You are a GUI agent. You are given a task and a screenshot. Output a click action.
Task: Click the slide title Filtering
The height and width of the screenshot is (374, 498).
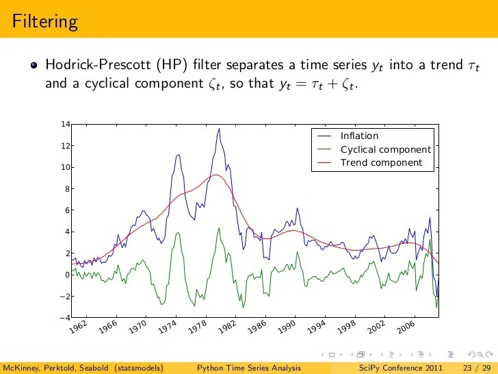click(x=44, y=21)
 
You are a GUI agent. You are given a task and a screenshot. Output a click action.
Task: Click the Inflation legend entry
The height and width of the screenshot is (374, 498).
click(x=359, y=136)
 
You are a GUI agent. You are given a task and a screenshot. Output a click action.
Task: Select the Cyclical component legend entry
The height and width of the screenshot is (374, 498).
click(x=385, y=150)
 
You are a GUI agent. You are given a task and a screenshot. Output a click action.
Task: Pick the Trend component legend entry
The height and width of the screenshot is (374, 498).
click(x=381, y=163)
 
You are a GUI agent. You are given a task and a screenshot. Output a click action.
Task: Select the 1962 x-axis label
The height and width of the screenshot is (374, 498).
click(x=77, y=329)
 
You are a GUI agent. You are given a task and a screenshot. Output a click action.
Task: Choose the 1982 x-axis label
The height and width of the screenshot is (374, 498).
click(x=227, y=329)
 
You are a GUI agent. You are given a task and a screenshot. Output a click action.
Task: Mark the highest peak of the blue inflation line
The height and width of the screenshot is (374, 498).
click(x=219, y=129)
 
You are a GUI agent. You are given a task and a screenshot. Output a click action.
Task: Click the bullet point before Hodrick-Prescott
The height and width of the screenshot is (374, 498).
click(x=34, y=66)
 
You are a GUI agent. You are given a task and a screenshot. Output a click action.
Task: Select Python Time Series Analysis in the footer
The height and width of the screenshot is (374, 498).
click(x=248, y=368)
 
